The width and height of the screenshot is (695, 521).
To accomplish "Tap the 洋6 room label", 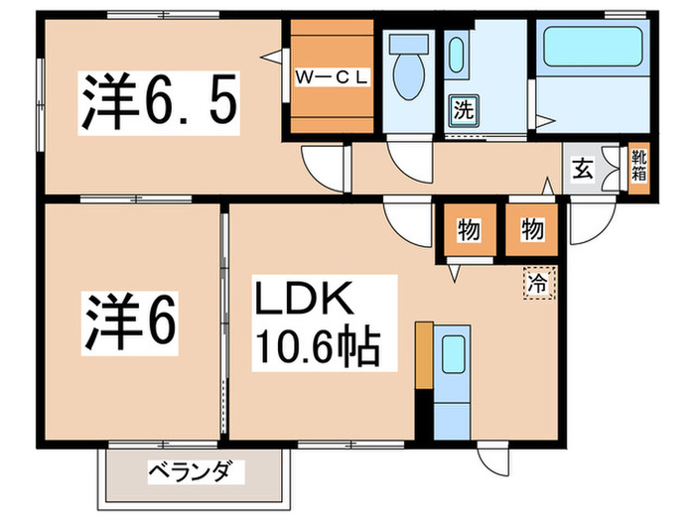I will (130, 319).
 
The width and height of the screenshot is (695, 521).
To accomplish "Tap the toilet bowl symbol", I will (407, 69).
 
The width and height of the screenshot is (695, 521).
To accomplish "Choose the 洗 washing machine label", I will (462, 108).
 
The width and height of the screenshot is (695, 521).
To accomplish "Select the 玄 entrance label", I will (583, 170).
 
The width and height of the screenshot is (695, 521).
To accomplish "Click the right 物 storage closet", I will (530, 230).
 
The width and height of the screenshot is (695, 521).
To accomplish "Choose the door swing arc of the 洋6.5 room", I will (324, 163).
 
